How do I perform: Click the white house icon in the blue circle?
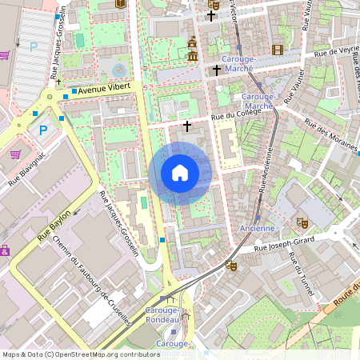pos(180,173)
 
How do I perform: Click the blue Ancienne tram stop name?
pos(257,229)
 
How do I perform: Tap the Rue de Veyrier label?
pos(336,50)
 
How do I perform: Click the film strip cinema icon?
pos(278,50)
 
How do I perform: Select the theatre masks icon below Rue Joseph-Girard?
pos(231,265)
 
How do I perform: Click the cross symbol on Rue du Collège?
pos(188,126)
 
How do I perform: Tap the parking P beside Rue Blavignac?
pos(44,130)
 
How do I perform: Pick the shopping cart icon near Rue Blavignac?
pos(15,154)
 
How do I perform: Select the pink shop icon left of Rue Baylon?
pos(4,250)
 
